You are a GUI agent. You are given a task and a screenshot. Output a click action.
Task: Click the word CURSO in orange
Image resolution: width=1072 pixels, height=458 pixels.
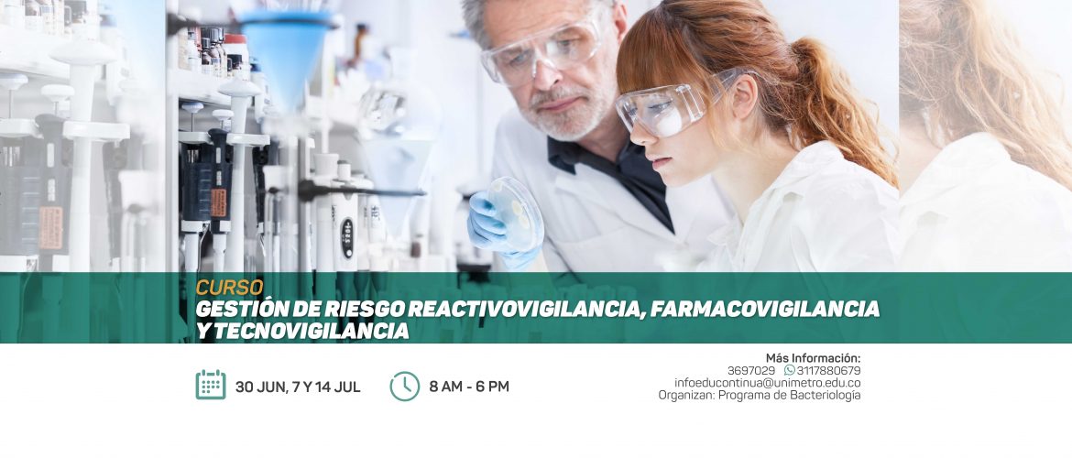tap(229, 288)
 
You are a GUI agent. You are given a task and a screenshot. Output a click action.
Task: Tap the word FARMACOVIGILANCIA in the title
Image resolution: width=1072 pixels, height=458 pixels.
tap(763, 309)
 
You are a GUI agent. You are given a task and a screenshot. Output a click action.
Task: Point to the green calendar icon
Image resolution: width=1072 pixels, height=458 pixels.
tap(211, 384)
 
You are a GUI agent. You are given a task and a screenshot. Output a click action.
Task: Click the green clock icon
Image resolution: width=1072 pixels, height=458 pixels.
tap(405, 387)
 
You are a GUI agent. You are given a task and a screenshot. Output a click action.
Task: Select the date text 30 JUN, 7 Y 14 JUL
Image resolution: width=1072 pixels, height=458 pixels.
tap(298, 387)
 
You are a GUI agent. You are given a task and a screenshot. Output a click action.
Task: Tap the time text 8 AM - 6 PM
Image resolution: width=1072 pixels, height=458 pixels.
tap(469, 387)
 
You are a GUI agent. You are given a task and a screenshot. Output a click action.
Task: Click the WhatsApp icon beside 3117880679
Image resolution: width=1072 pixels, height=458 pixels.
tap(790, 370)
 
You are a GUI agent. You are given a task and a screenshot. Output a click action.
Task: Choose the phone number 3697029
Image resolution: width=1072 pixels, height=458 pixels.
tap(750, 370)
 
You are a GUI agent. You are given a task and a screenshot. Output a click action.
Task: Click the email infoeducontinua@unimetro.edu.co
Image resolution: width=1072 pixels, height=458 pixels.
tap(767, 383)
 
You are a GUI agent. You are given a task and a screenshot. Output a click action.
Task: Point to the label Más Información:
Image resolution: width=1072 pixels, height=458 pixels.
tap(813, 357)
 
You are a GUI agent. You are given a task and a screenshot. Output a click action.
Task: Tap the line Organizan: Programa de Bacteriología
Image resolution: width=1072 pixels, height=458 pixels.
tap(759, 395)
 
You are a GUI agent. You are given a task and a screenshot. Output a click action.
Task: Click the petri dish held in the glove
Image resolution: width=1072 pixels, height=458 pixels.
tap(516, 213)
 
